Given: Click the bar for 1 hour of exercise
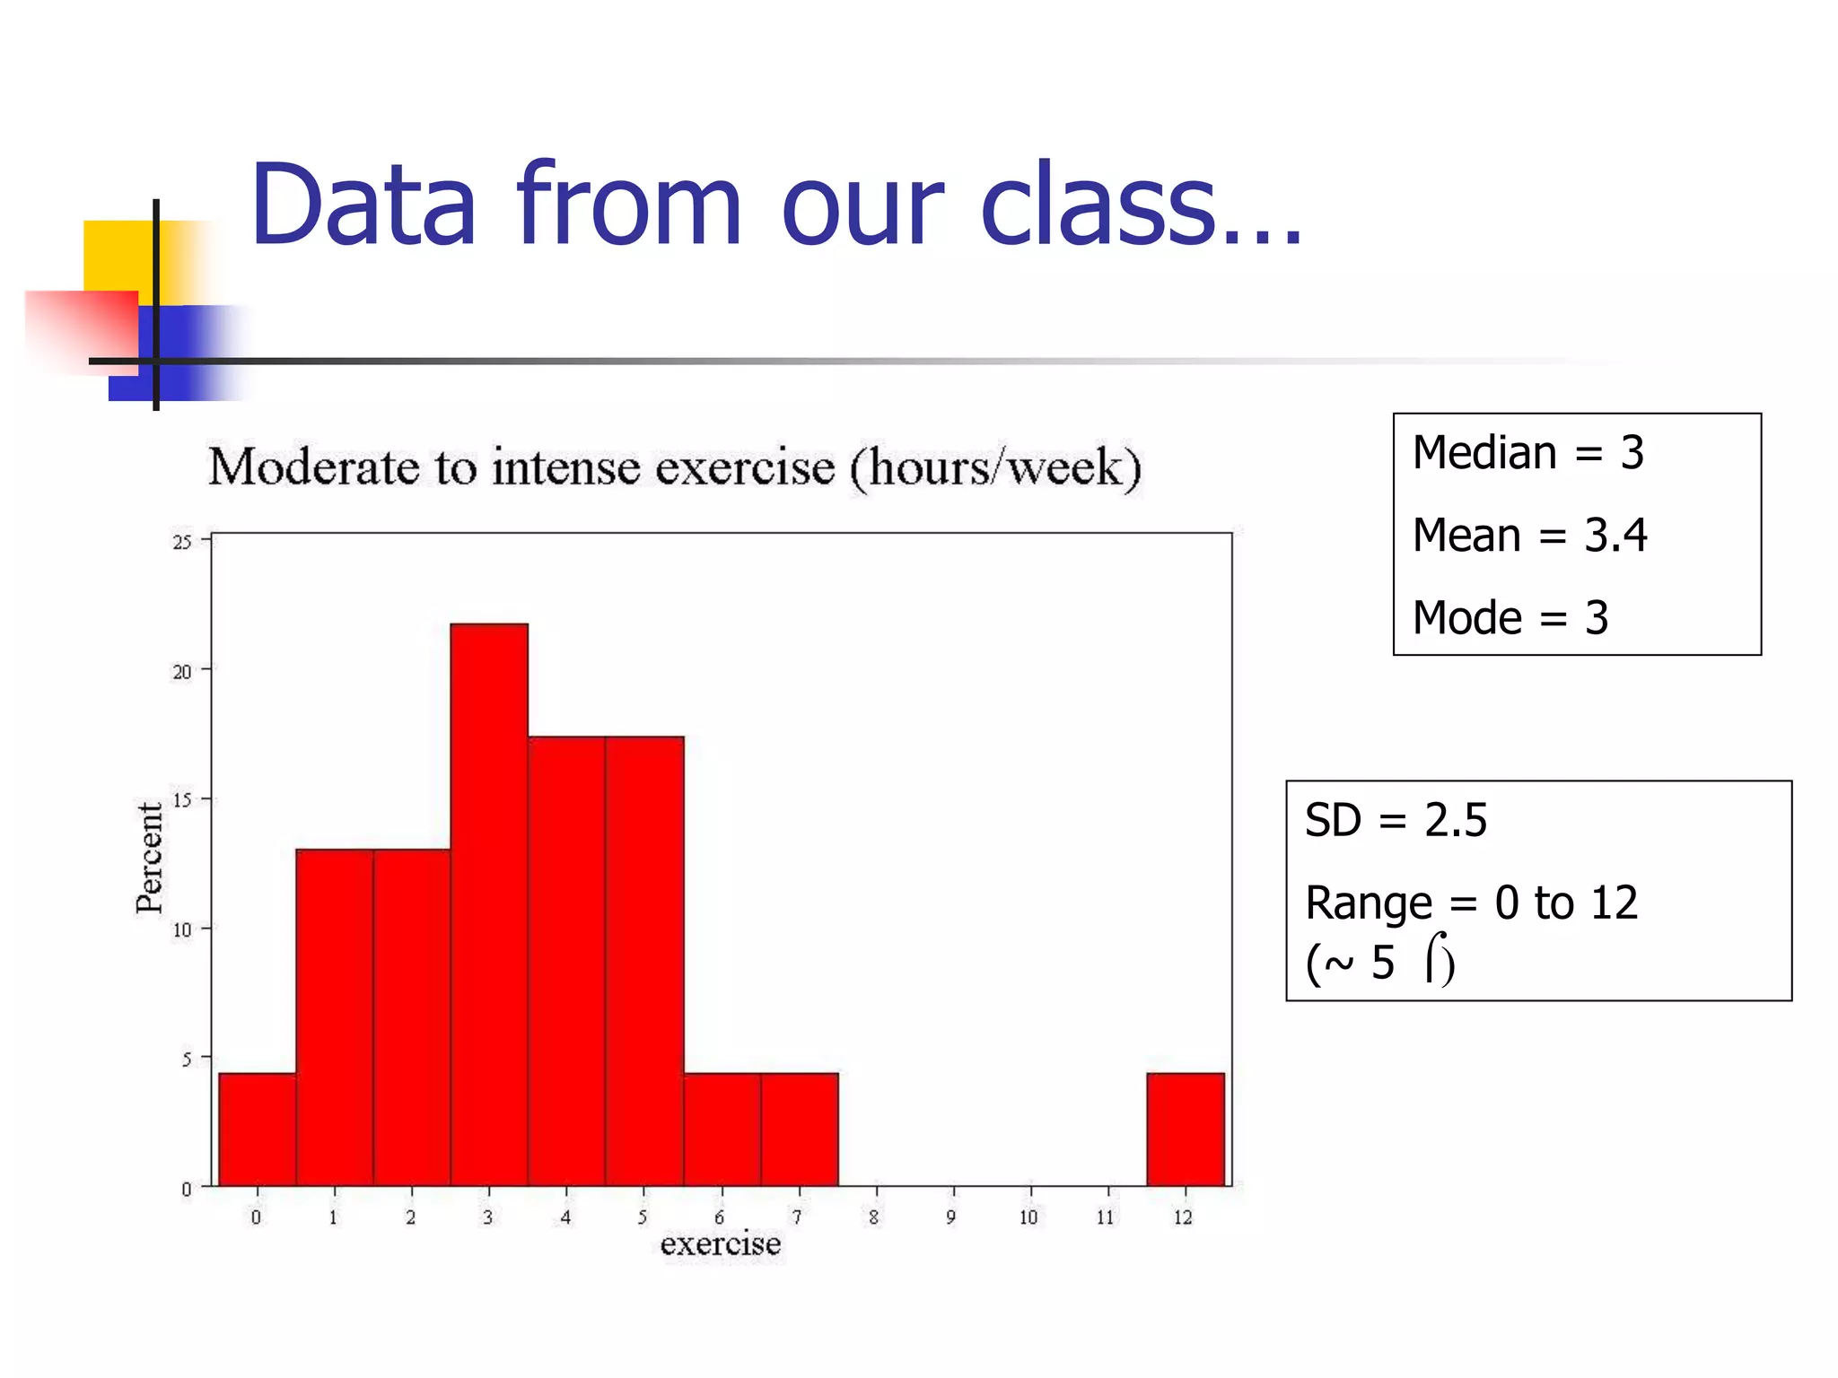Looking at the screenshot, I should point(334,1017).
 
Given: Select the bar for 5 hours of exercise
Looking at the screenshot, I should point(644,960).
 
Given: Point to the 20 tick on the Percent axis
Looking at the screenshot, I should point(182,672).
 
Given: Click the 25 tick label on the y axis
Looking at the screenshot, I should point(182,542).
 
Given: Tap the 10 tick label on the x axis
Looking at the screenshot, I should point(1028,1217).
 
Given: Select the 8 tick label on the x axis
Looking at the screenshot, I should point(873,1217).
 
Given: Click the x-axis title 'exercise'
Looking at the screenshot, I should point(720,1243).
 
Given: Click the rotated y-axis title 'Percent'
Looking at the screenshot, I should point(150,858).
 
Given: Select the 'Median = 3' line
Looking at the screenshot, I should point(1527,452).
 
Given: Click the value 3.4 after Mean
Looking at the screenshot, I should point(1615,536).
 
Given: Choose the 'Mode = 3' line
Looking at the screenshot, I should point(1510,618).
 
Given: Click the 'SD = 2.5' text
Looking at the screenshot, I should point(1396,820).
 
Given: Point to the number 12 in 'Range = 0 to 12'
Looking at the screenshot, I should point(1613,903).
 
